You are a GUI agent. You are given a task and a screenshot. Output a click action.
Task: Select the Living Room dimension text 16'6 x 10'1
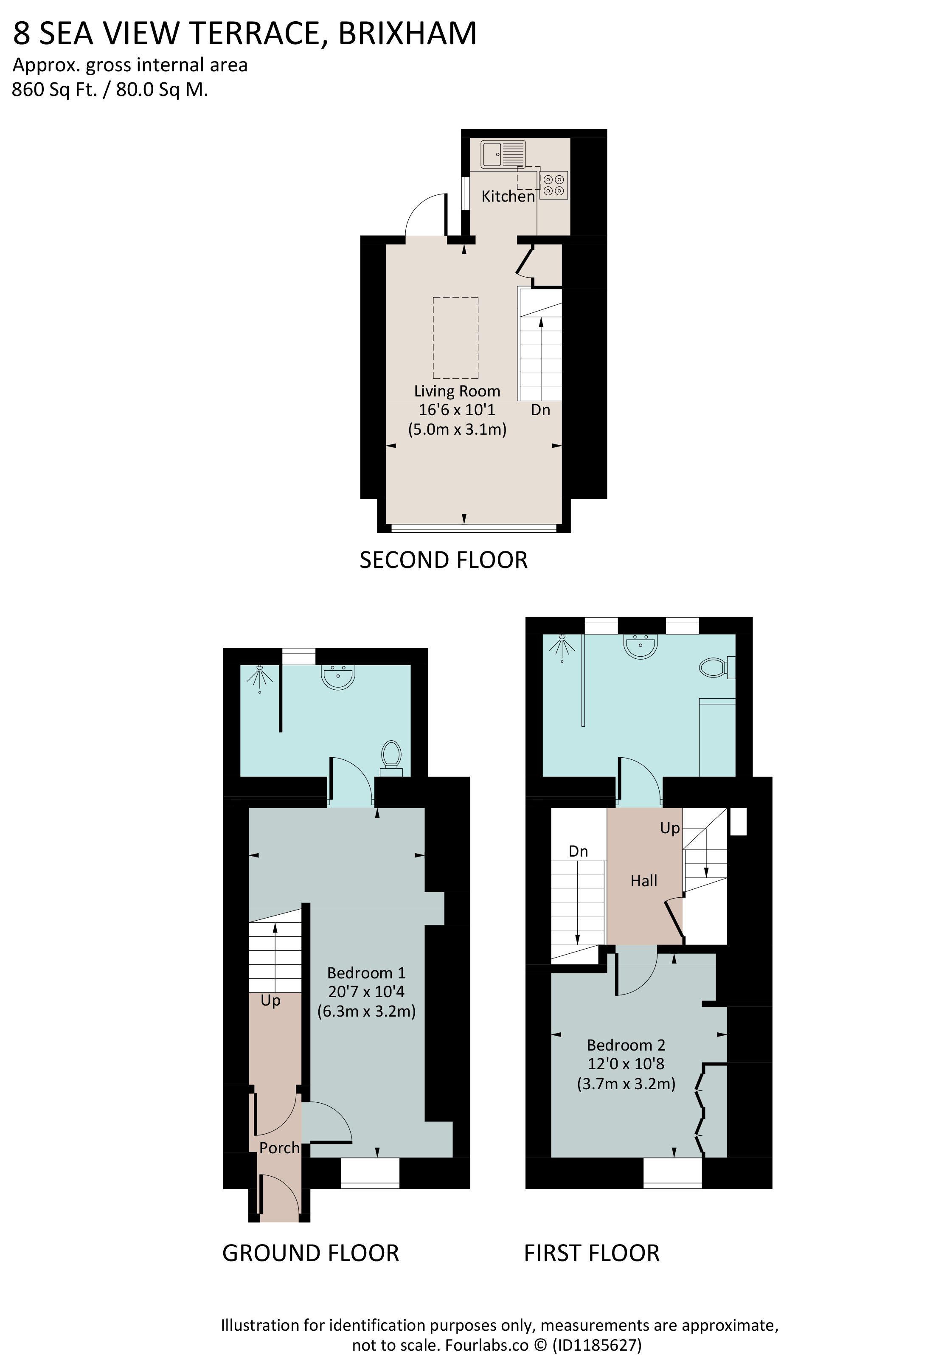tap(457, 409)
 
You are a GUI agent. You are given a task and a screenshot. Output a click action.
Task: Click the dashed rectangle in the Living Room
tap(455, 337)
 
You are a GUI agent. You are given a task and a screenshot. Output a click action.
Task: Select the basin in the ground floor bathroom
tap(338, 677)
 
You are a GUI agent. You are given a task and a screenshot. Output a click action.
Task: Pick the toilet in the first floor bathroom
tap(717, 667)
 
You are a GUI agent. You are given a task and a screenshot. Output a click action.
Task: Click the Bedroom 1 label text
tap(366, 972)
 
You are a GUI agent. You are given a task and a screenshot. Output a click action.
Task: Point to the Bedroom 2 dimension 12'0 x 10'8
tap(626, 1064)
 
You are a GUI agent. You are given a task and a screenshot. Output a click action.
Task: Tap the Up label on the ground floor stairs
tap(270, 1001)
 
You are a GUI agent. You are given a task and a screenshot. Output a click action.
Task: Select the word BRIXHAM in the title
tap(407, 33)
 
